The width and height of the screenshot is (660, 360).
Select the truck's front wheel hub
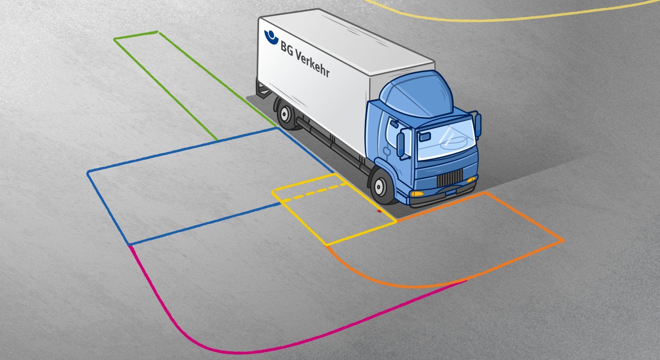(x=378, y=186)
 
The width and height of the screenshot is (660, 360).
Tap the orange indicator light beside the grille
(x=471, y=179)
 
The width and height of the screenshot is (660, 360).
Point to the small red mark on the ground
(x=379, y=211)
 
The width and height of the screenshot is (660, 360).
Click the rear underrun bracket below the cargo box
(x=262, y=89)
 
